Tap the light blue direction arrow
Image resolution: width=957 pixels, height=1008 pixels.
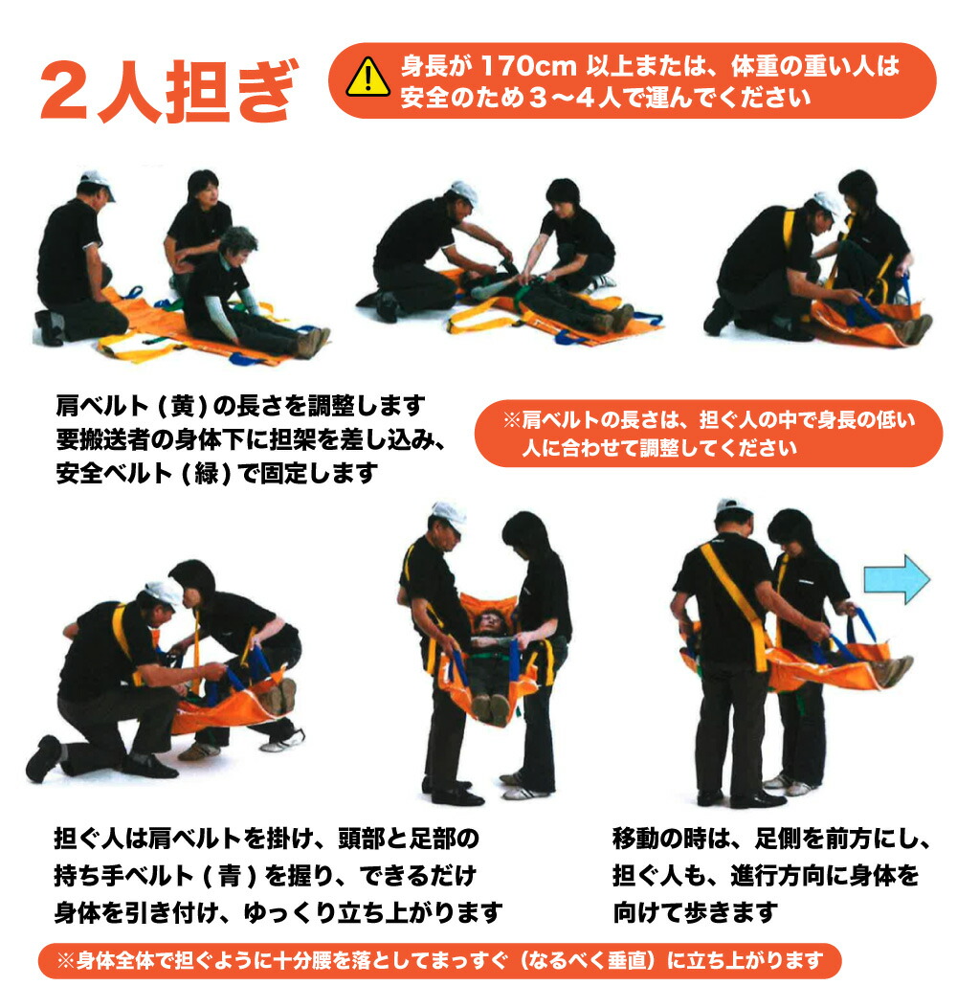[x=896, y=579]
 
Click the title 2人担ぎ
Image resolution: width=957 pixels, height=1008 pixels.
[x=167, y=92]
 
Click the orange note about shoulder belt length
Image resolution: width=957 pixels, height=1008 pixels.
[x=708, y=433]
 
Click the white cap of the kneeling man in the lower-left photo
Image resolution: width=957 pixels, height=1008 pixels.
[x=164, y=593]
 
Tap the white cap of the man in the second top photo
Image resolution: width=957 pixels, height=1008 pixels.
[x=464, y=191]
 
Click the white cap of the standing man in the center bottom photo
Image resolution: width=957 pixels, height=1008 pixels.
[x=448, y=514]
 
